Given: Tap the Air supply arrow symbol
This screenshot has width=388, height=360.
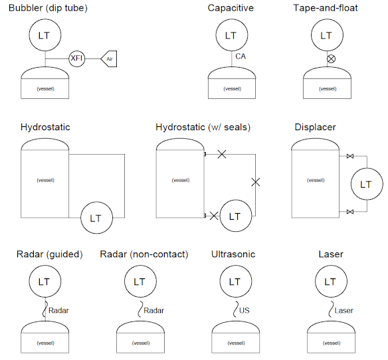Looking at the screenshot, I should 109,58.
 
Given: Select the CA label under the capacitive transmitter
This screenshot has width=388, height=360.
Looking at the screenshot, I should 241,57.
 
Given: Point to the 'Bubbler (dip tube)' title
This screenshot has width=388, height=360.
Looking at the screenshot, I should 47,8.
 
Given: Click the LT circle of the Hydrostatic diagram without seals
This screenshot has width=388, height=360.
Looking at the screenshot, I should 96,218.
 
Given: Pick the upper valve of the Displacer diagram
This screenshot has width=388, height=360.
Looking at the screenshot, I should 349,157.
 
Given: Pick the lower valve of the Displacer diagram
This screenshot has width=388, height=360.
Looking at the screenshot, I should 349,212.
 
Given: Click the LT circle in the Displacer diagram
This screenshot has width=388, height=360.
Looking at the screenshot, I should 366,184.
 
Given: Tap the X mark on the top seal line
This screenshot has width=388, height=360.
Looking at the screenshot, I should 222,154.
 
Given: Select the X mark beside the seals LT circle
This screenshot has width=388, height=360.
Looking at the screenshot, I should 213,215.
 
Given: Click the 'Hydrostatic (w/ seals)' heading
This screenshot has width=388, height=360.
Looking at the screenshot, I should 203,127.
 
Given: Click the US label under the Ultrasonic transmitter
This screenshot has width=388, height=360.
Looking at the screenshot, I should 244,310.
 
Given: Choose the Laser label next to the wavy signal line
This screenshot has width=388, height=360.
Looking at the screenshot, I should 344,310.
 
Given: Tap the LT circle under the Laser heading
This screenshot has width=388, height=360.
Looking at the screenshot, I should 330,282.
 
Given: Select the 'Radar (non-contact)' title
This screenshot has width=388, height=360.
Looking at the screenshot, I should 144,254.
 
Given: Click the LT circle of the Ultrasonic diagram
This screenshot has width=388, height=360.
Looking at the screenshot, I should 235,282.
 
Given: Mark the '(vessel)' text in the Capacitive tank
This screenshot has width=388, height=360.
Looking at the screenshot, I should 232,88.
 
